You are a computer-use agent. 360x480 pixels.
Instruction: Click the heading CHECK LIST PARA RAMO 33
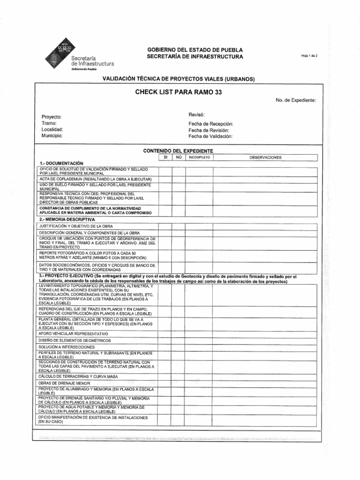(x=178, y=92)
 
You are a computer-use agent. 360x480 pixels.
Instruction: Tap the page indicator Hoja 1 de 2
(x=310, y=56)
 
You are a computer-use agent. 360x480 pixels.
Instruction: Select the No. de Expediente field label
(x=296, y=100)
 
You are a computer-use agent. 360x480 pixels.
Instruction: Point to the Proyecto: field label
(x=52, y=117)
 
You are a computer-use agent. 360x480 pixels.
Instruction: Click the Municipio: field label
(x=52, y=135)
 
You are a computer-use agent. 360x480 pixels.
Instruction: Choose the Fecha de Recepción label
(x=210, y=124)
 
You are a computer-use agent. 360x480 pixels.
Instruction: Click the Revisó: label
(x=196, y=115)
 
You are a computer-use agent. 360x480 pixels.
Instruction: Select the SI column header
(x=165, y=157)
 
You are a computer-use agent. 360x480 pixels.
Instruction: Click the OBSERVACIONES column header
(x=265, y=157)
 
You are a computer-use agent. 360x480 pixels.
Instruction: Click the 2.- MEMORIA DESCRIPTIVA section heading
(x=67, y=219)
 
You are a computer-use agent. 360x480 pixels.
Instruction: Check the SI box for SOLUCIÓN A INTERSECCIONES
(x=165, y=347)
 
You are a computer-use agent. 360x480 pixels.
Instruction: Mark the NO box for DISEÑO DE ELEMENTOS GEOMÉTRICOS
(x=178, y=340)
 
